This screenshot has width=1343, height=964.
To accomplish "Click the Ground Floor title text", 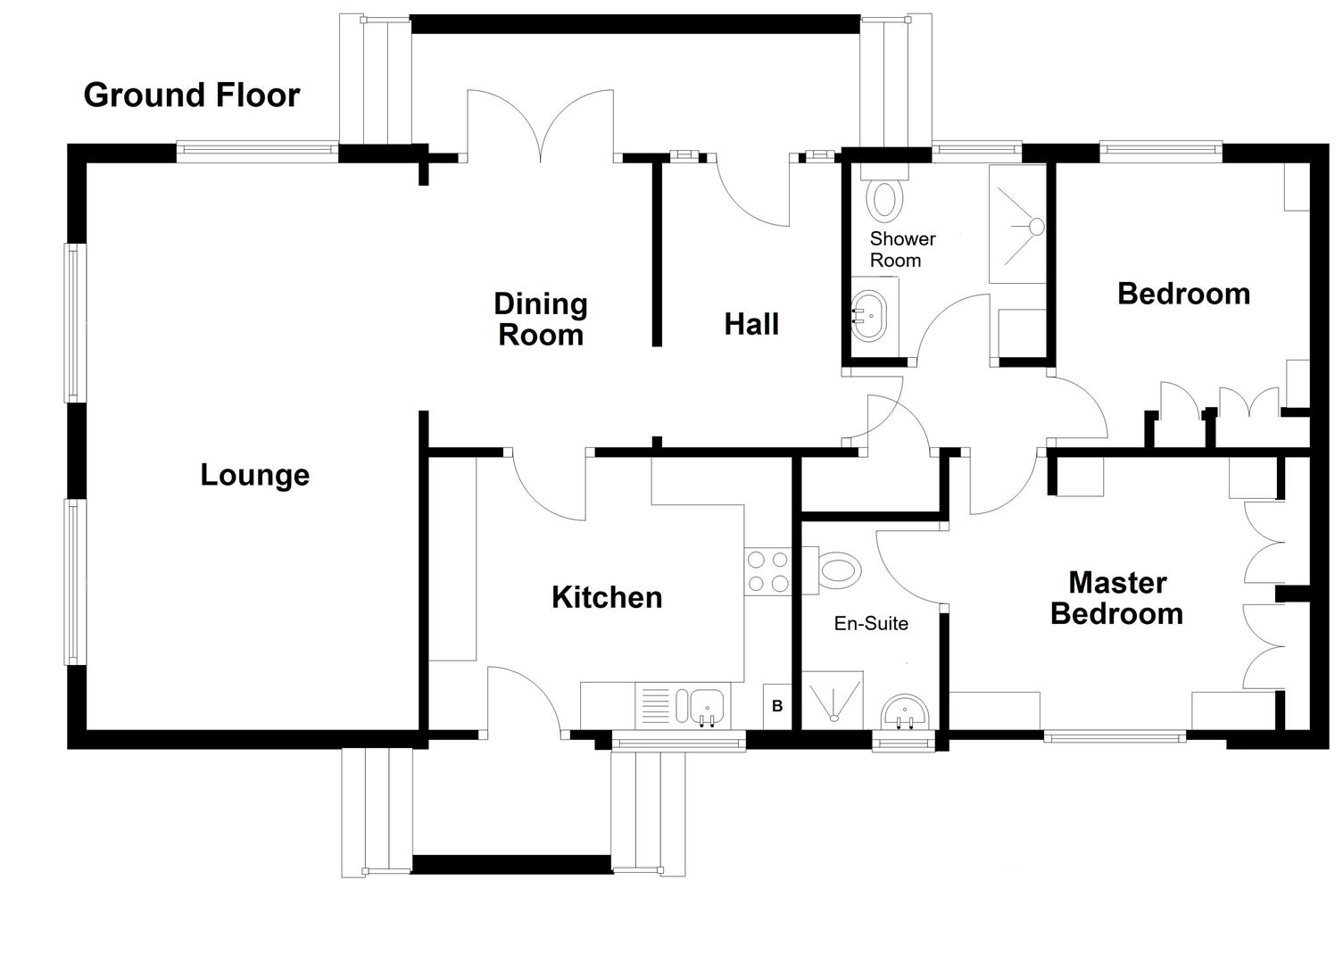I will (x=191, y=95).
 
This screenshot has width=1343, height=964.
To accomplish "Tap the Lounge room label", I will (x=254, y=475).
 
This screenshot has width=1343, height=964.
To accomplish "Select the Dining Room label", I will (x=541, y=320).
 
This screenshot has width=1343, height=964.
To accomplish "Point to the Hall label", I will (x=751, y=324).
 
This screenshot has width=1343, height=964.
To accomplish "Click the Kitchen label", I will (x=607, y=597).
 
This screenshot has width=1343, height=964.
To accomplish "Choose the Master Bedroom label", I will (x=1117, y=598).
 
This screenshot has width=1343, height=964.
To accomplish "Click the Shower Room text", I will (x=902, y=250).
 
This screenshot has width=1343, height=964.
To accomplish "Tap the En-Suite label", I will (x=871, y=624).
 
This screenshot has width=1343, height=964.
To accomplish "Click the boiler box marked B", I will (x=776, y=706).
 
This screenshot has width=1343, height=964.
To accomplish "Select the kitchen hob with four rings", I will (x=767, y=572).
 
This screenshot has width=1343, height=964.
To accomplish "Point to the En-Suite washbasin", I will (x=905, y=714).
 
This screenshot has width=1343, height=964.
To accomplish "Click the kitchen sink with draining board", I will (x=683, y=705).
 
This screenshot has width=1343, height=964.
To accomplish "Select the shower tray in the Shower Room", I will (x=1017, y=224).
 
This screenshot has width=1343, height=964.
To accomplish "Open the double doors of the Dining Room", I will (x=540, y=129).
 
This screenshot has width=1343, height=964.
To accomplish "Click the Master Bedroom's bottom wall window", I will (x=1115, y=737).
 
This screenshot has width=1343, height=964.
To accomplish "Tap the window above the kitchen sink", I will (x=678, y=740).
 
